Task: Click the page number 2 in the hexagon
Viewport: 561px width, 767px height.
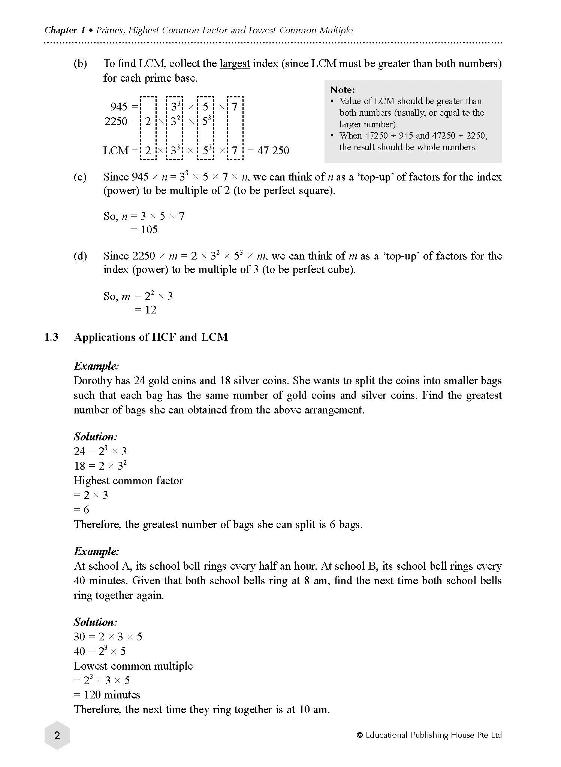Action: (57, 736)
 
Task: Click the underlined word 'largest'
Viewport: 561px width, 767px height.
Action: (235, 64)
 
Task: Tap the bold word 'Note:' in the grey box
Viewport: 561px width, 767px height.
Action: (343, 90)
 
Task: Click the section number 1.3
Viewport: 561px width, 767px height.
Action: (52, 337)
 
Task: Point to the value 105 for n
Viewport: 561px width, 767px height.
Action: (149, 230)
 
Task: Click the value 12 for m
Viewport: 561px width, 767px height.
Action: (150, 310)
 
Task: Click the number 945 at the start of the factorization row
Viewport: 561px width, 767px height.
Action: (119, 107)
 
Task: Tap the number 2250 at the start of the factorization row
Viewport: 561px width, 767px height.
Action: (116, 121)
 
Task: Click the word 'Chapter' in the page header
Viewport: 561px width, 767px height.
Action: (60, 30)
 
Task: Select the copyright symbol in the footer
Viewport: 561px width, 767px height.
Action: (359, 735)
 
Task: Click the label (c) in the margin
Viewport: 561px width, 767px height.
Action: (80, 177)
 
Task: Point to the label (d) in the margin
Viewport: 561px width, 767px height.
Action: (80, 256)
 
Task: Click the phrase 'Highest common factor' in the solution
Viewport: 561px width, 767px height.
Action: (128, 480)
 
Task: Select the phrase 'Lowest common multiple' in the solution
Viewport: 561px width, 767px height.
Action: (133, 666)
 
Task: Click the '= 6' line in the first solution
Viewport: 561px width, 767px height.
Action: (81, 510)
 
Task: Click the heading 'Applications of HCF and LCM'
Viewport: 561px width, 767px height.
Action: (151, 337)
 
